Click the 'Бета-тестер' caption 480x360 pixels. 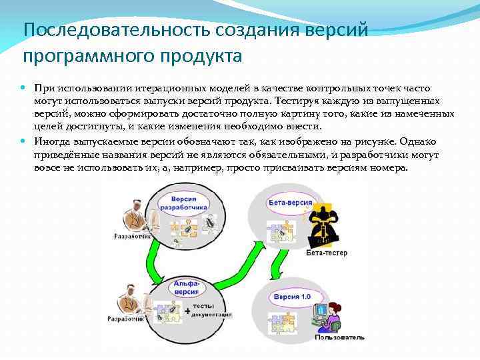click(x=327, y=253)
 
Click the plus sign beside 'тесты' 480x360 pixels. click(x=187, y=309)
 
